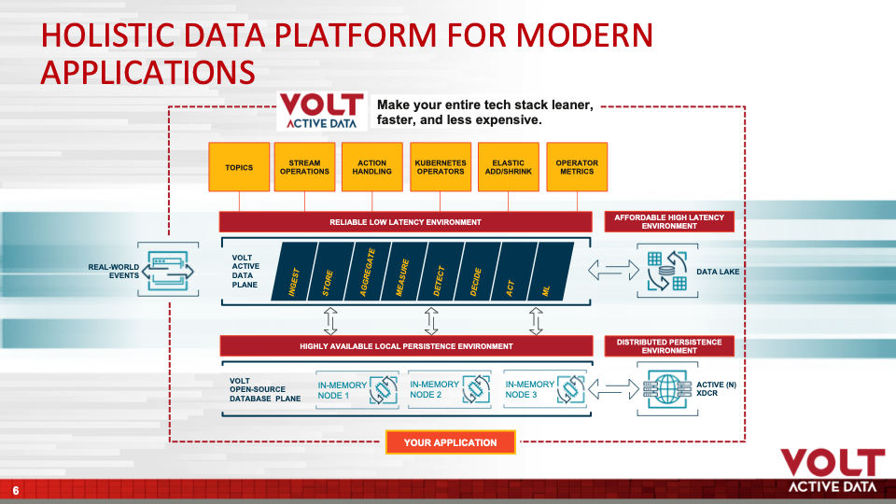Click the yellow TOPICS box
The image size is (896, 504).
(239, 167)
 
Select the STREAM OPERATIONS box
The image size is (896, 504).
(304, 167)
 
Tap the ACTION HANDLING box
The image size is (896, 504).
(372, 167)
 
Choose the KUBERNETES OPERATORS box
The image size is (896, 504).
(441, 167)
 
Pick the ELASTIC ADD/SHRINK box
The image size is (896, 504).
(509, 167)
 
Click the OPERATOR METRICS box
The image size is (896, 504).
(577, 167)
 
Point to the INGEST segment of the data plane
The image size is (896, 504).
(294, 271)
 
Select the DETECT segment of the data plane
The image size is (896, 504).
(440, 271)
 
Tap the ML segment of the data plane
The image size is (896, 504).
(549, 271)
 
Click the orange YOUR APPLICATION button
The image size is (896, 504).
(450, 442)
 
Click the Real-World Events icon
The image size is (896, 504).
(168, 270)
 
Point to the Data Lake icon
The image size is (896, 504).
(666, 271)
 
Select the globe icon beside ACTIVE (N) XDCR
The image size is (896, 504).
(666, 388)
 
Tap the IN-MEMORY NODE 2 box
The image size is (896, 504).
(449, 389)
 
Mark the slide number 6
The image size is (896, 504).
(16, 490)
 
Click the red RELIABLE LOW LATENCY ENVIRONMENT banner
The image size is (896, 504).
(405, 222)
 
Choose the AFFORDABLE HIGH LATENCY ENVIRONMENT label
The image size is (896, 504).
(669, 222)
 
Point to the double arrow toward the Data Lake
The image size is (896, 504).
(614, 270)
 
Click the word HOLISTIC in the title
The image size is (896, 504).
(108, 35)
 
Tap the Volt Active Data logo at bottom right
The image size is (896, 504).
(832, 470)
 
